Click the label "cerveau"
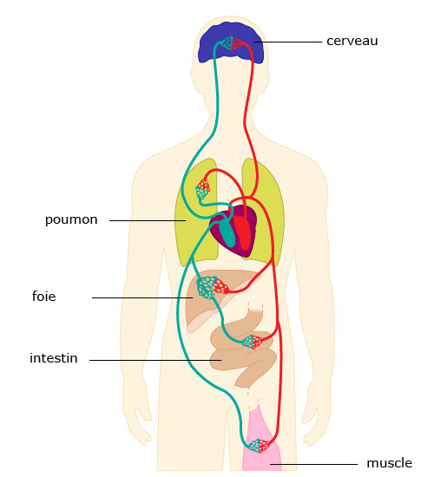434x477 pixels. click(x=352, y=41)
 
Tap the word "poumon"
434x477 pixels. click(x=71, y=220)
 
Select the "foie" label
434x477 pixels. click(x=44, y=296)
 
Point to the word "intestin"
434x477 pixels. click(x=54, y=358)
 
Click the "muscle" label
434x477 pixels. click(x=389, y=463)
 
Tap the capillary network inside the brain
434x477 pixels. click(x=232, y=43)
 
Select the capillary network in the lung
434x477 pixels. click(x=202, y=189)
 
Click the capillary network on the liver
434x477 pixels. click(x=212, y=287)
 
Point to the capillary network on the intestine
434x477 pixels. click(x=253, y=342)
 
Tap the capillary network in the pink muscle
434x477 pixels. click(x=259, y=446)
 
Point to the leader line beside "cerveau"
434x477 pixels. click(x=287, y=42)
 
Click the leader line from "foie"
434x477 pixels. click(x=142, y=297)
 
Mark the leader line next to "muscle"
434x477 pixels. click(x=313, y=464)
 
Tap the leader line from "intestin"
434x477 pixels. click(x=155, y=360)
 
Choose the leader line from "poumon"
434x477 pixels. click(x=148, y=220)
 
